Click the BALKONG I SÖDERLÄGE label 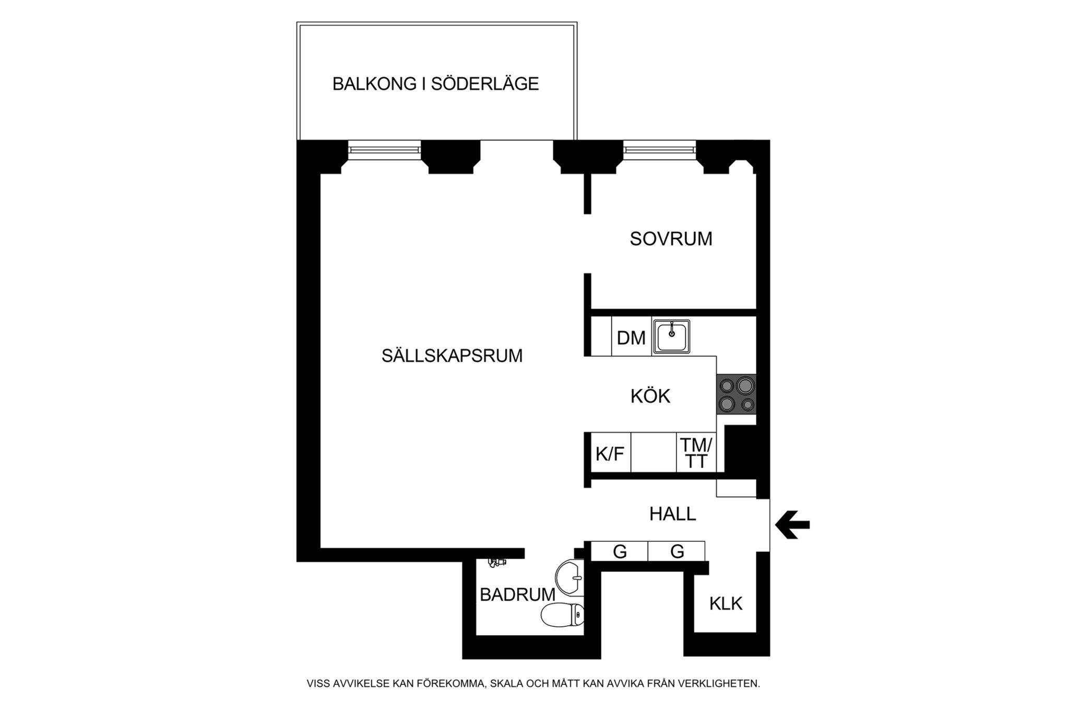pyautogui.click(x=435, y=84)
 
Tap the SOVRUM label pyautogui.click(x=671, y=239)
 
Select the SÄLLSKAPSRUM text pyautogui.click(x=452, y=356)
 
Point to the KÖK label pyautogui.click(x=650, y=396)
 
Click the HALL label pyautogui.click(x=672, y=514)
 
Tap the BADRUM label pyautogui.click(x=517, y=594)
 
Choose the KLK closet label pyautogui.click(x=726, y=604)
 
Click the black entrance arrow pyautogui.click(x=792, y=524)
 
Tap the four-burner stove pyautogui.click(x=737, y=394)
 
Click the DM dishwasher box pyautogui.click(x=631, y=338)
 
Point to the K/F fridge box pyautogui.click(x=610, y=453)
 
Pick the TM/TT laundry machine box pyautogui.click(x=696, y=453)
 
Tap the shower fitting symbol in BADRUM pyautogui.click(x=497, y=562)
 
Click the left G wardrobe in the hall pyautogui.click(x=620, y=551)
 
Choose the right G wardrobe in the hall pyautogui.click(x=676, y=551)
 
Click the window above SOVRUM pyautogui.click(x=659, y=150)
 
